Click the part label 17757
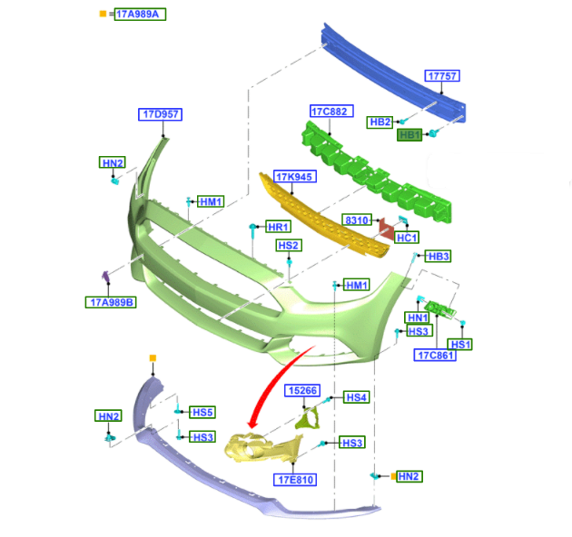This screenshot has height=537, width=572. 443,77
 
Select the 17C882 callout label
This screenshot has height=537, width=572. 329,112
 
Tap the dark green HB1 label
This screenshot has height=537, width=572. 410,135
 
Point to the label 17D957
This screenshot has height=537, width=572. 160,115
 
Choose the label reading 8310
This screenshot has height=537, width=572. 356,220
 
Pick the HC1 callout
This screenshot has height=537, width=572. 408,238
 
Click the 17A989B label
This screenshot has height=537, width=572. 112,302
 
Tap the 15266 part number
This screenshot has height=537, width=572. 301,391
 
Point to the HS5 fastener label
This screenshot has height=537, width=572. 202,412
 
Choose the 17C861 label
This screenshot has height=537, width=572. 436,355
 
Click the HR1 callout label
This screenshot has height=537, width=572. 278,227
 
